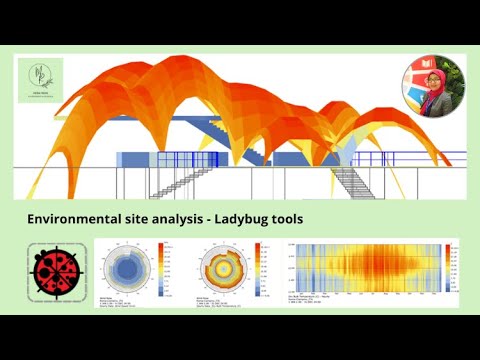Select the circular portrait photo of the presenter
tap(433, 86)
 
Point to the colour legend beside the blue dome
tap(162, 268)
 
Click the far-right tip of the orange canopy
tap(449, 164)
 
